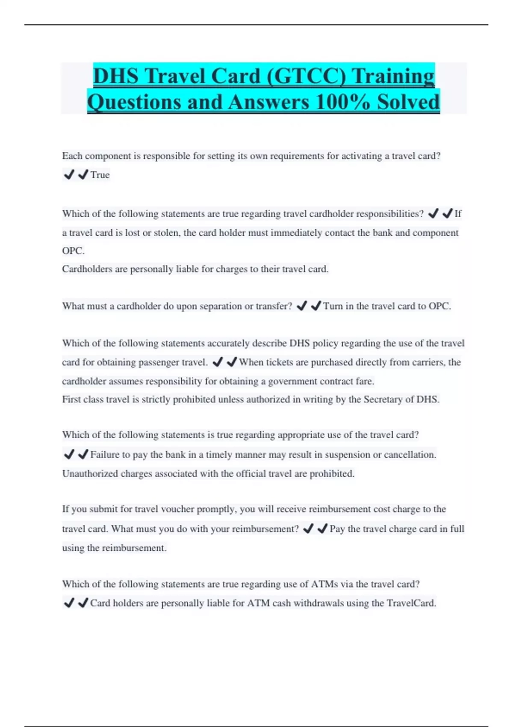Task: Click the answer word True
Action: coord(100,175)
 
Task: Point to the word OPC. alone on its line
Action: coord(73,251)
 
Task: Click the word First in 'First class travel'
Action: coord(71,399)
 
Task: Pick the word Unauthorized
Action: coord(90,474)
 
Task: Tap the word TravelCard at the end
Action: coord(411,603)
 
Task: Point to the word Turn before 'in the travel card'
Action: coord(333,306)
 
